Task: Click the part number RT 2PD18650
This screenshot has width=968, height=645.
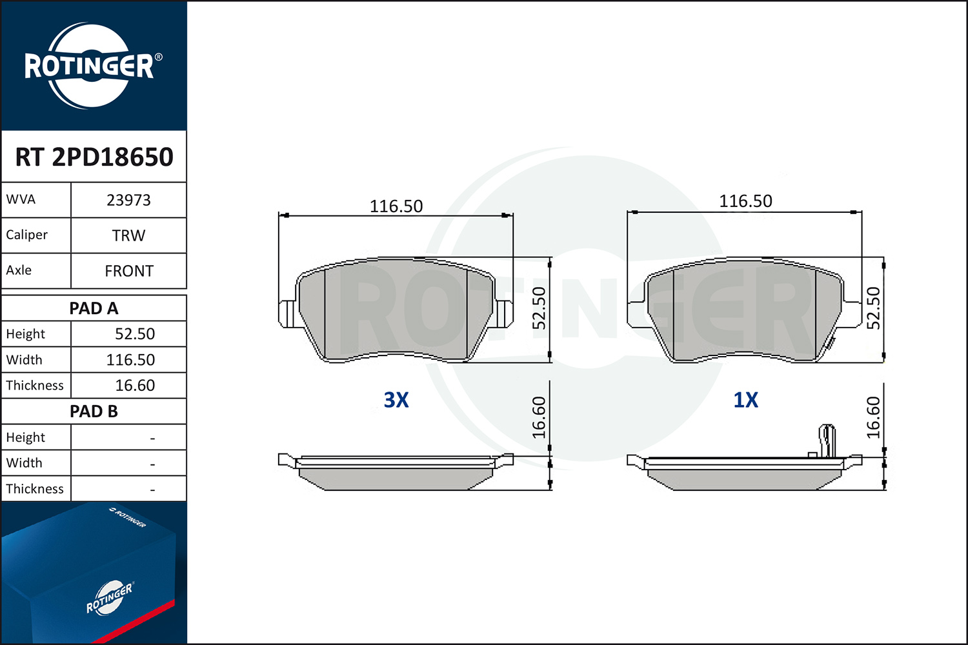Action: pyautogui.click(x=94, y=156)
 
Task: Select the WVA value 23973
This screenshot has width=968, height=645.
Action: pyautogui.click(x=128, y=200)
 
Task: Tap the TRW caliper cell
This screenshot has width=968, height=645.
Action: pyautogui.click(x=128, y=235)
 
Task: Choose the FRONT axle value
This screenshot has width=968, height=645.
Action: pyautogui.click(x=129, y=271)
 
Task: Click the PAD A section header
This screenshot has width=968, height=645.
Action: pyautogui.click(x=94, y=308)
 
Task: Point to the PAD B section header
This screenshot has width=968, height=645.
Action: pyautogui.click(x=94, y=412)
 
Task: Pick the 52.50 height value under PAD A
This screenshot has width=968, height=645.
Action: pyautogui.click(x=135, y=333)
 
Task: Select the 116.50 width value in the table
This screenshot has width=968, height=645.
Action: pyautogui.click(x=130, y=359)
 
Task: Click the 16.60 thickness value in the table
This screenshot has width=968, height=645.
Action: pyautogui.click(x=135, y=385)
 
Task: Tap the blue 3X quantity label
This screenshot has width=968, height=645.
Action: pyautogui.click(x=396, y=400)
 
